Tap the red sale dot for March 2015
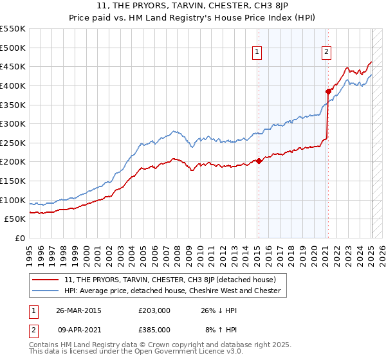pyautogui.click(x=259, y=161)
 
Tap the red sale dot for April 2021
pyautogui.click(x=328, y=91)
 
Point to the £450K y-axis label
pyautogui.click(x=13, y=66)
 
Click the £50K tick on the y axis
pyautogui.click(x=15, y=219)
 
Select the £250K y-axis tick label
pyautogui.click(x=13, y=143)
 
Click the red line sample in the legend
pyautogui.click(x=46, y=280)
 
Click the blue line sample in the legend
pyautogui.click(x=46, y=291)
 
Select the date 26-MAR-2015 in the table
pyautogui.click(x=79, y=310)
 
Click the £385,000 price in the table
pyautogui.click(x=154, y=330)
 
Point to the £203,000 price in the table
pyautogui.click(x=154, y=310)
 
